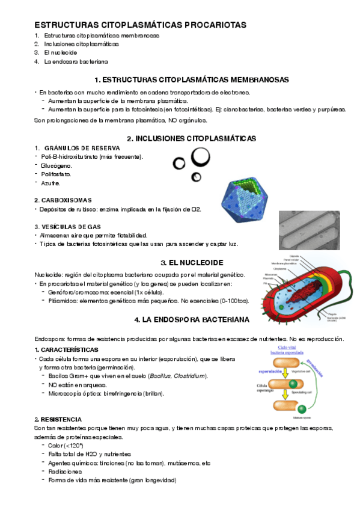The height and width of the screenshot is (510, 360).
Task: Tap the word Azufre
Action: pyautogui.click(x=50, y=183)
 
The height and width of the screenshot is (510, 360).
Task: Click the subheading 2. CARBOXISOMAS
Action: pyautogui.click(x=63, y=200)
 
